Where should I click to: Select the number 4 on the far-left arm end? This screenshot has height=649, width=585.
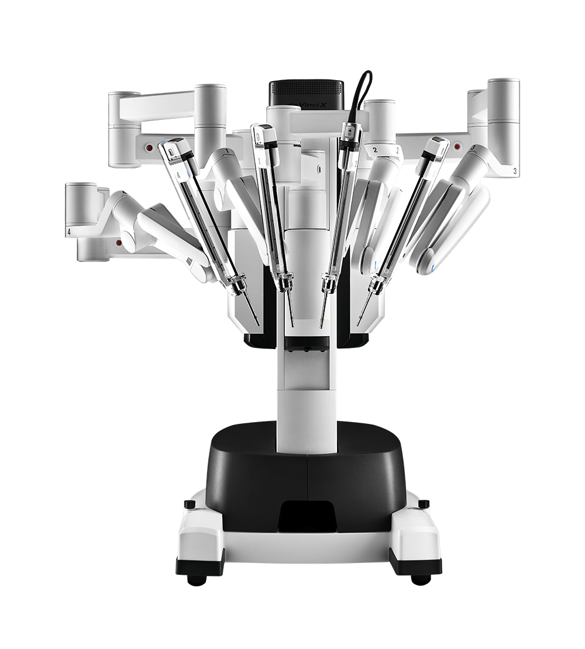point(70,232)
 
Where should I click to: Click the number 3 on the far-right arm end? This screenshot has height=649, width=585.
point(514,171)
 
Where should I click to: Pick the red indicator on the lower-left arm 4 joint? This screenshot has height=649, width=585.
point(119,241)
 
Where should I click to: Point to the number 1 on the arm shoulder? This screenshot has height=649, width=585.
point(225,151)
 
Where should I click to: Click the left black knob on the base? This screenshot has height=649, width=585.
point(189,503)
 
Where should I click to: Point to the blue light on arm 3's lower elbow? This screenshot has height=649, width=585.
point(431,268)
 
